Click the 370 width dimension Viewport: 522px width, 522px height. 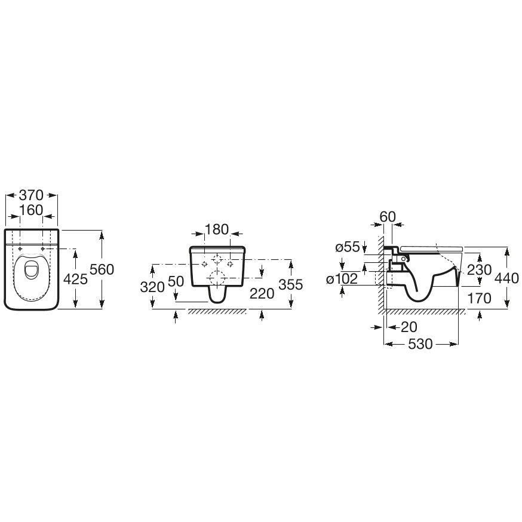pos(31,195)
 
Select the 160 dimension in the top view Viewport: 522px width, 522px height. pos(31,210)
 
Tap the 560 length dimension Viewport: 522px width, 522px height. pos(102,269)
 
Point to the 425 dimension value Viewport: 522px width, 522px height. pos(76,279)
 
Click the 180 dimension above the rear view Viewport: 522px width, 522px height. pos(217,230)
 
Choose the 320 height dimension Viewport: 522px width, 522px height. pos(152,287)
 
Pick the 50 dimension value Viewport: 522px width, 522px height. pos(176,282)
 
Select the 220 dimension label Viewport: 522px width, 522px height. pos(262,294)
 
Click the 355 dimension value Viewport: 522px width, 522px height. pos(291,285)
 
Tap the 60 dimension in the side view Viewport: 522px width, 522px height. pos(388,217)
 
